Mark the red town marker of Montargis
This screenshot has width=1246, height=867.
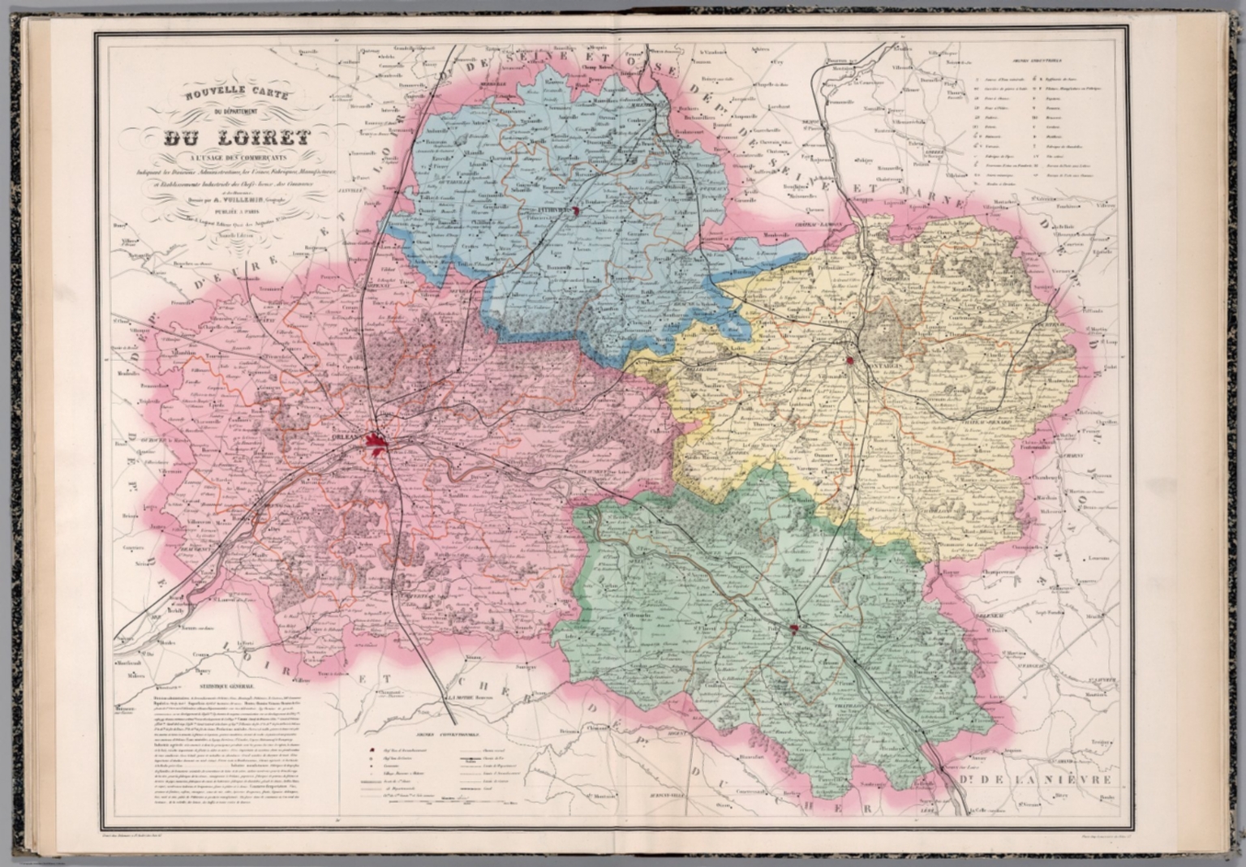[850, 359]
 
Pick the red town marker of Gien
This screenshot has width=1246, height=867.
[796, 629]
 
